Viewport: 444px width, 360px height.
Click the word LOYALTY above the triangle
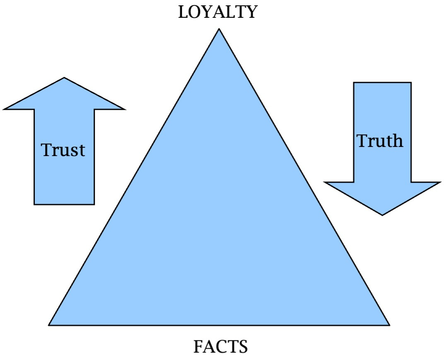tap(217, 12)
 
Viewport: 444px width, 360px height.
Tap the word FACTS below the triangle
tap(220, 346)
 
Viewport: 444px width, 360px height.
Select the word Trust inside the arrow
tap(63, 150)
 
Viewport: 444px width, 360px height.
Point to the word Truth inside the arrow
tap(380, 141)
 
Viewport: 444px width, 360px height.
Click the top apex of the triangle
tap(219, 29)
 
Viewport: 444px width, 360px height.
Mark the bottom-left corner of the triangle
tap(49, 325)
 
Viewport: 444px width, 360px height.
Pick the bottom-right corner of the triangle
tap(389, 325)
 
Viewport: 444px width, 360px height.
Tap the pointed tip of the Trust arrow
tap(64, 78)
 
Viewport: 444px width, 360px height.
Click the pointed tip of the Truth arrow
tap(382, 215)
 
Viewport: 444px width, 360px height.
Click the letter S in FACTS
tap(243, 346)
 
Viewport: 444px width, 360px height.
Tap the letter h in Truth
tap(396, 141)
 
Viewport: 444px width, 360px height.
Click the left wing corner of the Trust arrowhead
tap(4, 109)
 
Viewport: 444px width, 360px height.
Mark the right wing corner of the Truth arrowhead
tap(439, 182)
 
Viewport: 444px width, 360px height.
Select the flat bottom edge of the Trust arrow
tap(64, 204)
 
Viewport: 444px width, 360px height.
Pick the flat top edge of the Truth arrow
tap(382, 83)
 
